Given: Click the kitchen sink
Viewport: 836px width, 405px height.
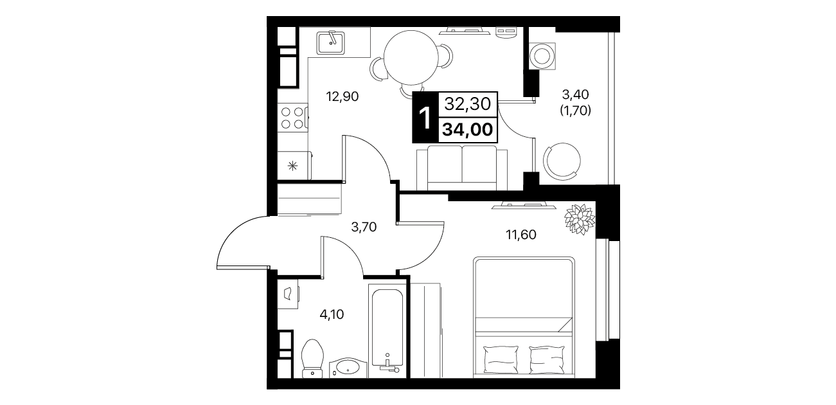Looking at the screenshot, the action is (x=331, y=43).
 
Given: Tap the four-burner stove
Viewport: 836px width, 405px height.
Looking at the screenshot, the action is (x=292, y=117).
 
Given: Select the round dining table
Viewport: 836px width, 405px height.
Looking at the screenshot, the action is (x=411, y=58).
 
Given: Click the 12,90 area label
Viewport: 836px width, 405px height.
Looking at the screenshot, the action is (x=342, y=96).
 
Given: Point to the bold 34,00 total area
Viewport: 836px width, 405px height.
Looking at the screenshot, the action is (x=468, y=130).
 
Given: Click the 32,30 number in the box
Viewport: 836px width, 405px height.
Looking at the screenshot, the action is (x=468, y=104).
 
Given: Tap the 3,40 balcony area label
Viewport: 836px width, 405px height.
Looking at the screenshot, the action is (x=576, y=94).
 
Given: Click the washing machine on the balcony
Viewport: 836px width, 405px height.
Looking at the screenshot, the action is (x=542, y=57).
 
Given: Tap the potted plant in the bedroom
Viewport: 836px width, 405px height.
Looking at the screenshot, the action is (x=580, y=219).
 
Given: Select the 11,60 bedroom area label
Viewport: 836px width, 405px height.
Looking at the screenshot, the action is (x=521, y=235).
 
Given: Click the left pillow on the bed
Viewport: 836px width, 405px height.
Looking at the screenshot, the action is (x=501, y=359).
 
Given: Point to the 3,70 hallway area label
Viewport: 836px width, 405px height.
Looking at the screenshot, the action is (x=364, y=227).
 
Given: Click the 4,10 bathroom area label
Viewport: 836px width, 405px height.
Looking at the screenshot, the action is (x=332, y=314).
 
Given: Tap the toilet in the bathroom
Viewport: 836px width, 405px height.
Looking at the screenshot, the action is (x=312, y=358).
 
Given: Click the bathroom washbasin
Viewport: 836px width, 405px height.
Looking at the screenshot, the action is (x=348, y=368).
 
